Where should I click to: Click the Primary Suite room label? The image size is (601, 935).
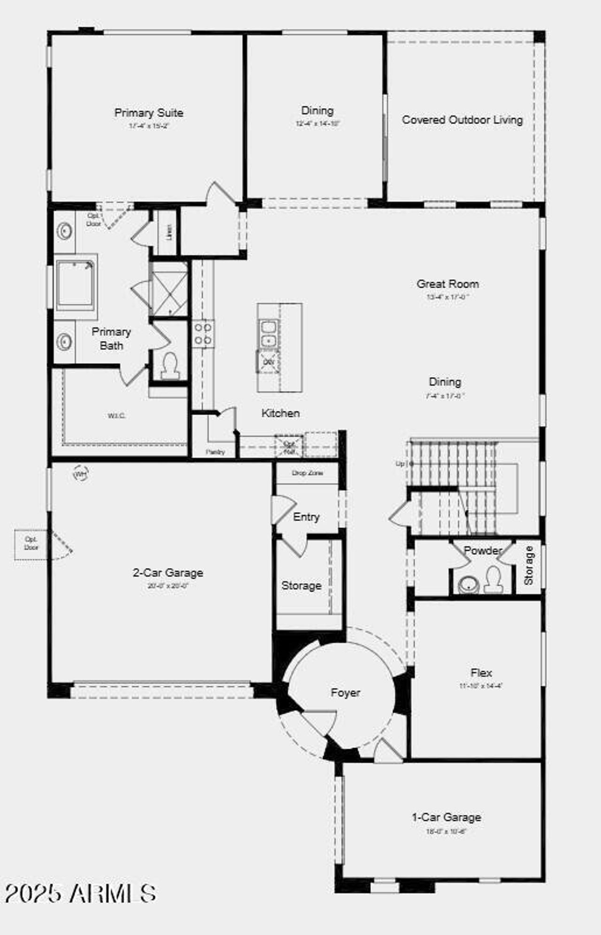[x=148, y=113]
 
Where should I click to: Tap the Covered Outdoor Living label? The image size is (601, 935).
[x=462, y=120]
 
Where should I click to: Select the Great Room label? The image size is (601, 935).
[x=447, y=284]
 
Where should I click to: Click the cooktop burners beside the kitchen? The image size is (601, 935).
[x=203, y=334]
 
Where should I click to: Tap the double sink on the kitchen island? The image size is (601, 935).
[x=268, y=334]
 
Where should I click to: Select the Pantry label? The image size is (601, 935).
[x=215, y=452]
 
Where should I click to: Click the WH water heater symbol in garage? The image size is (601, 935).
[x=81, y=474]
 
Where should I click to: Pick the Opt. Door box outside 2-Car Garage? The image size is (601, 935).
[x=31, y=544]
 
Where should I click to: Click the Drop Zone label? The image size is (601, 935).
[x=307, y=473]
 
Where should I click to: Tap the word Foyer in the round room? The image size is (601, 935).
[x=345, y=693]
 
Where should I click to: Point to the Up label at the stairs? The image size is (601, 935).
[x=400, y=464]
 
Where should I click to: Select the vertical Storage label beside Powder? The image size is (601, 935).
[x=529, y=565]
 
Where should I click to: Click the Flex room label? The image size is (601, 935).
[x=481, y=673]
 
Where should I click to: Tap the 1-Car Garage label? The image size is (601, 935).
[x=446, y=817]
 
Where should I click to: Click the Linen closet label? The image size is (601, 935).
[x=169, y=232]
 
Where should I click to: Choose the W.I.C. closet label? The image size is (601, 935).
[x=116, y=416]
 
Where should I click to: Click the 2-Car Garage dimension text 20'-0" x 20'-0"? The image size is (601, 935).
[x=167, y=586]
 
